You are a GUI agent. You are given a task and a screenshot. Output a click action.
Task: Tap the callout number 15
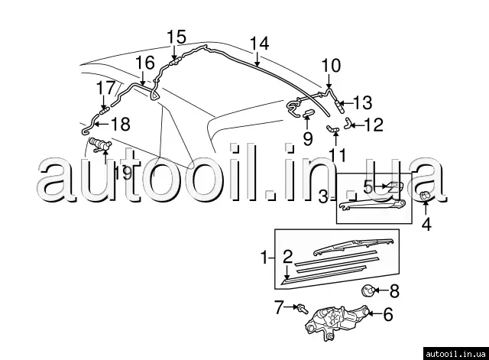pyautogui.click(x=176, y=36)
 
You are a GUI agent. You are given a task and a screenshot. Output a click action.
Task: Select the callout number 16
pyautogui.click(x=144, y=63)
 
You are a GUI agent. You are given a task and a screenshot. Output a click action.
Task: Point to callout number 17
pyautogui.click(x=105, y=89)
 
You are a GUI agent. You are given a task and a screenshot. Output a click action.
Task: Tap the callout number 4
pyautogui.click(x=427, y=225)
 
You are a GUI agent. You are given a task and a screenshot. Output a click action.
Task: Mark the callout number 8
pyautogui.click(x=394, y=290)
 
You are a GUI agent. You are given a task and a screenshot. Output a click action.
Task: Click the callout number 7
pyautogui.click(x=280, y=308)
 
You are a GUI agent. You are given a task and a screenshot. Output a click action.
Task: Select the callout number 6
pyautogui.click(x=387, y=313)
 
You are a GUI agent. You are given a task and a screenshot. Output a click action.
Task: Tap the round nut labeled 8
pyautogui.click(x=369, y=290)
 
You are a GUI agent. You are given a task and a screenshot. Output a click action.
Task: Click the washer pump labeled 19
pyautogui.click(x=100, y=145)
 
